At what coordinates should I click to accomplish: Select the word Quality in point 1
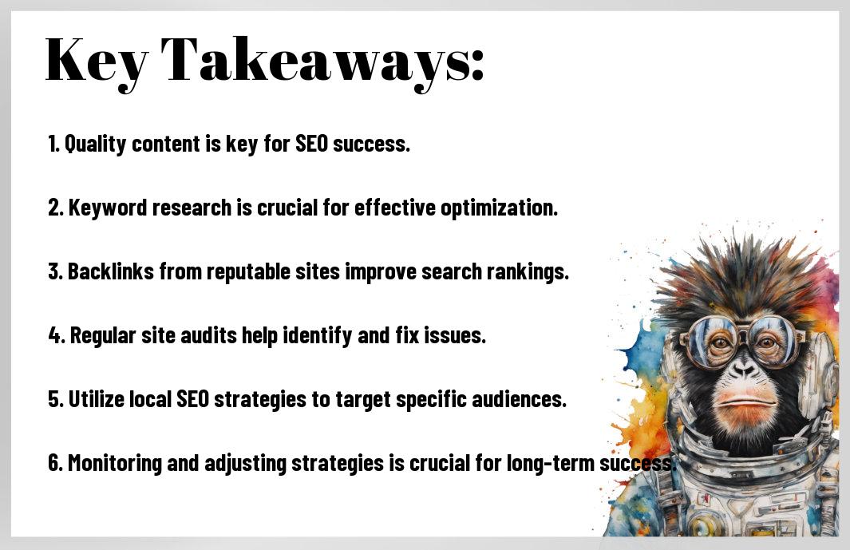point(96,144)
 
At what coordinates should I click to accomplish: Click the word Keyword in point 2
point(108,208)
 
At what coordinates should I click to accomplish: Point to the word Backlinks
point(111,271)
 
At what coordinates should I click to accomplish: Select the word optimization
point(500,208)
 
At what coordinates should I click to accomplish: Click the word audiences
point(519,399)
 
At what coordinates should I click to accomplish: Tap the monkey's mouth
point(745,402)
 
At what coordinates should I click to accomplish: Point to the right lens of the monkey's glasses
point(775,339)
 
